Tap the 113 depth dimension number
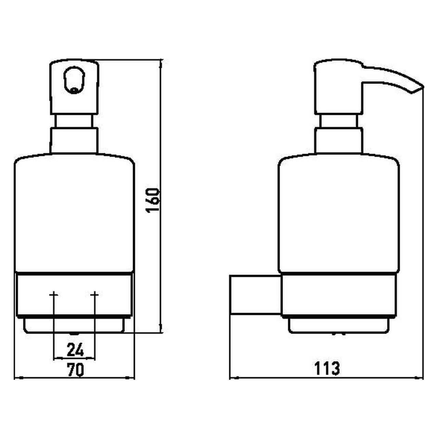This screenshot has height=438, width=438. coord(327,369)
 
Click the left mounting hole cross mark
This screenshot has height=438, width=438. coord(54,295)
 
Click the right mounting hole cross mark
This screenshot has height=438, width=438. coord(95,295)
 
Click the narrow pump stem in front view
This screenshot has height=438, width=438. coord(74,121)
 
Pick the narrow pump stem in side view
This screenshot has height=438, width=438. coord(338,121)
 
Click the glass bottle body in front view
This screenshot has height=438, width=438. coord(75,213)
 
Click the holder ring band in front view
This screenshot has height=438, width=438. coord(75,295)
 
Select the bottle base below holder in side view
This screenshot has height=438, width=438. coord(338,325)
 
